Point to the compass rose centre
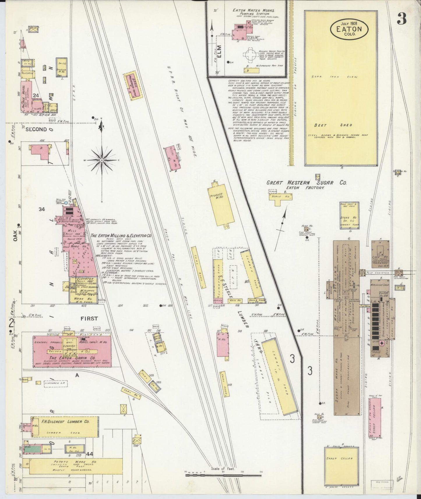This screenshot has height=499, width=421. (102, 160)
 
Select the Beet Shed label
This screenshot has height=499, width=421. (333, 125)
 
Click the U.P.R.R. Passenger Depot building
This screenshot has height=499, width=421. (133, 84)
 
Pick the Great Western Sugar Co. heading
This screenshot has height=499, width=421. (306, 183)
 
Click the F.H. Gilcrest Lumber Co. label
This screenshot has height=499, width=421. (65, 421)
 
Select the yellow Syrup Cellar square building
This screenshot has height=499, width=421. (341, 467)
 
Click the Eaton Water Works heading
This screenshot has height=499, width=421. (253, 10)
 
